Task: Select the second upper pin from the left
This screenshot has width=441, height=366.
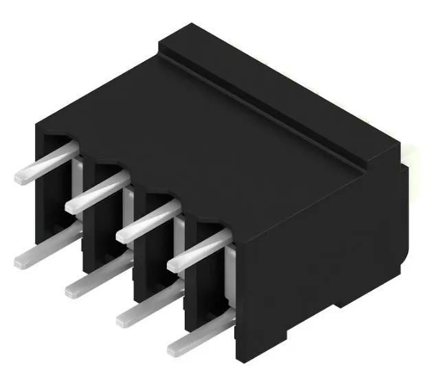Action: [96, 193]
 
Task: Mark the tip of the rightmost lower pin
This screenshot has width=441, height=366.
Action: [176, 347]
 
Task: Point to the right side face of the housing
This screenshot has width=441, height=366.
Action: [323, 275]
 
